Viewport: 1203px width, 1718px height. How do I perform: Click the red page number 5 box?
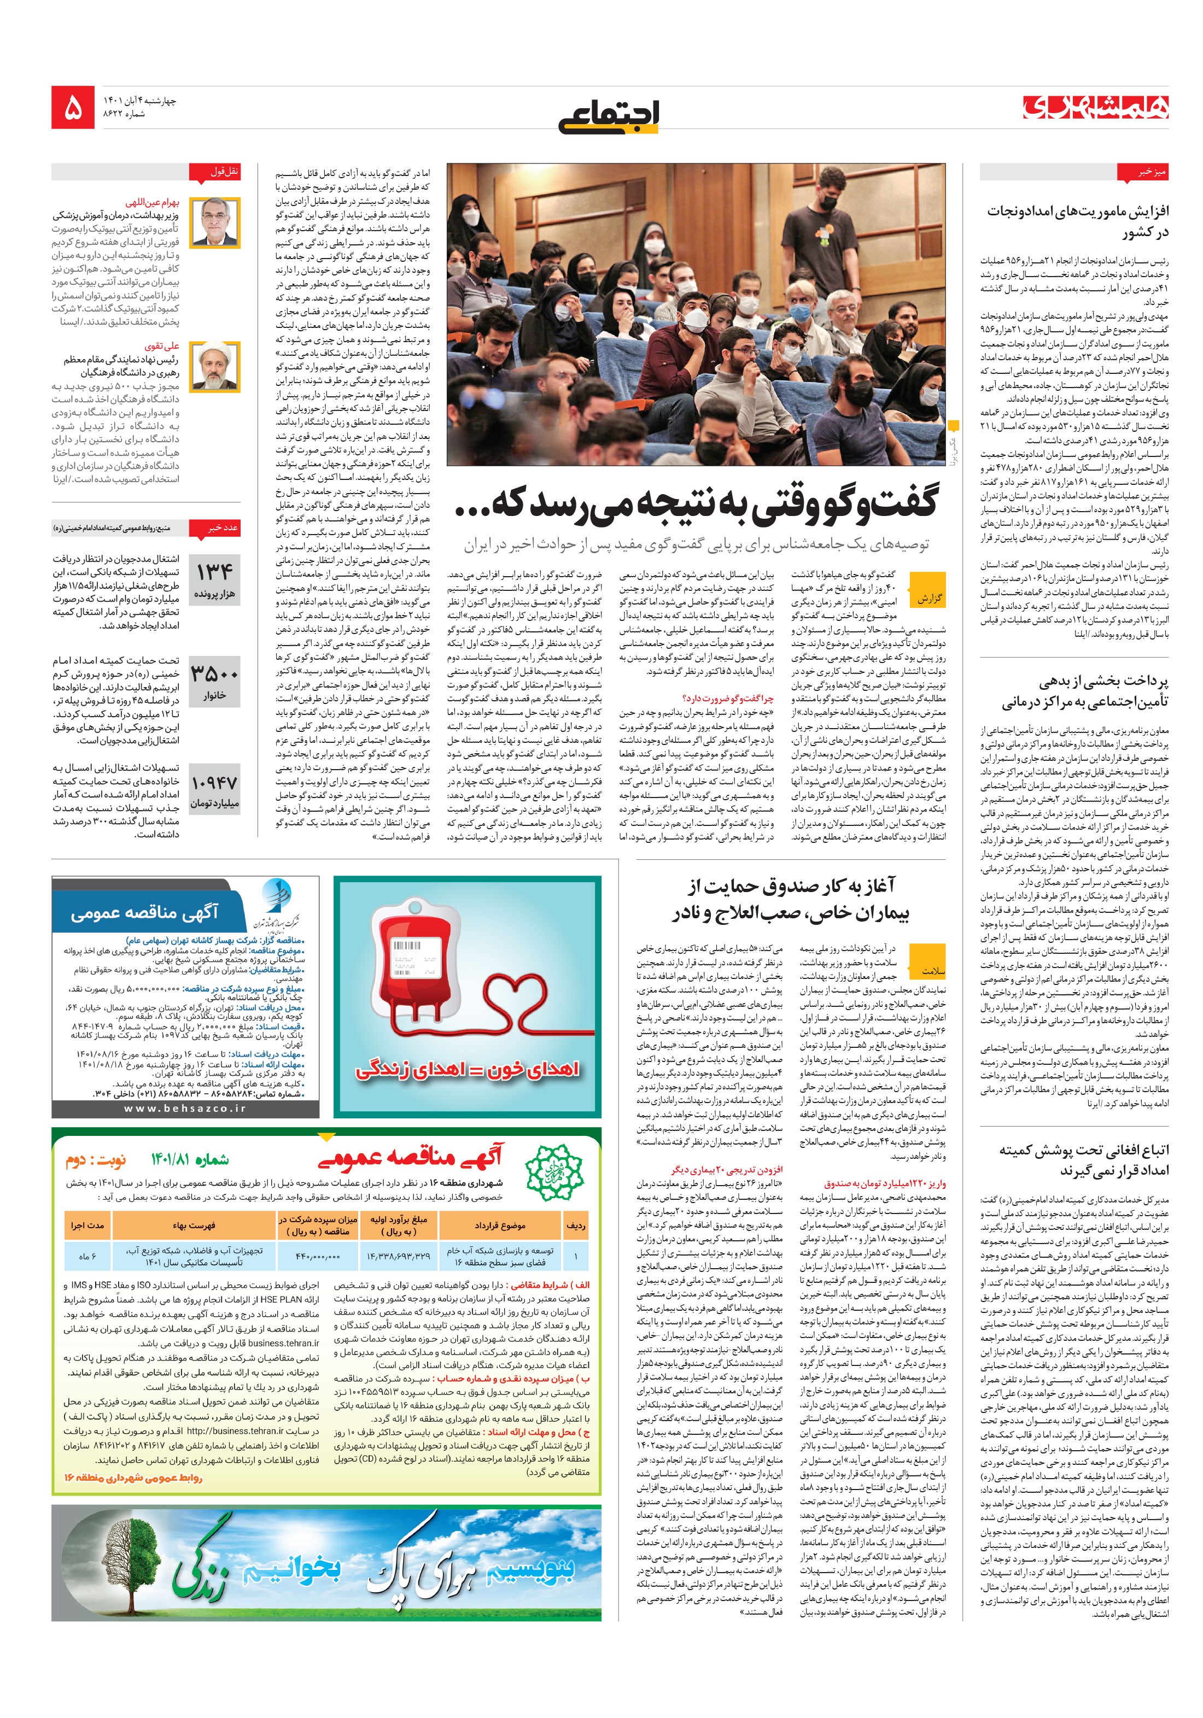73,107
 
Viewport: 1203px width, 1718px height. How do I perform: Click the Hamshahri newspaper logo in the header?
1095,108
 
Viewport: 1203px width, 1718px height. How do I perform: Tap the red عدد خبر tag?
223,527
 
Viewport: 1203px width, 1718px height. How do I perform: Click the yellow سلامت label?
927,970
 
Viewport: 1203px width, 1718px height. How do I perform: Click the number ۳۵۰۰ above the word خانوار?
214,673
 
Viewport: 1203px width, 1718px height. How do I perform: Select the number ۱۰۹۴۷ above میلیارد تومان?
214,783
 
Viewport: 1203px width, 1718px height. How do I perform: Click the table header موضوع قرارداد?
499,1226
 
